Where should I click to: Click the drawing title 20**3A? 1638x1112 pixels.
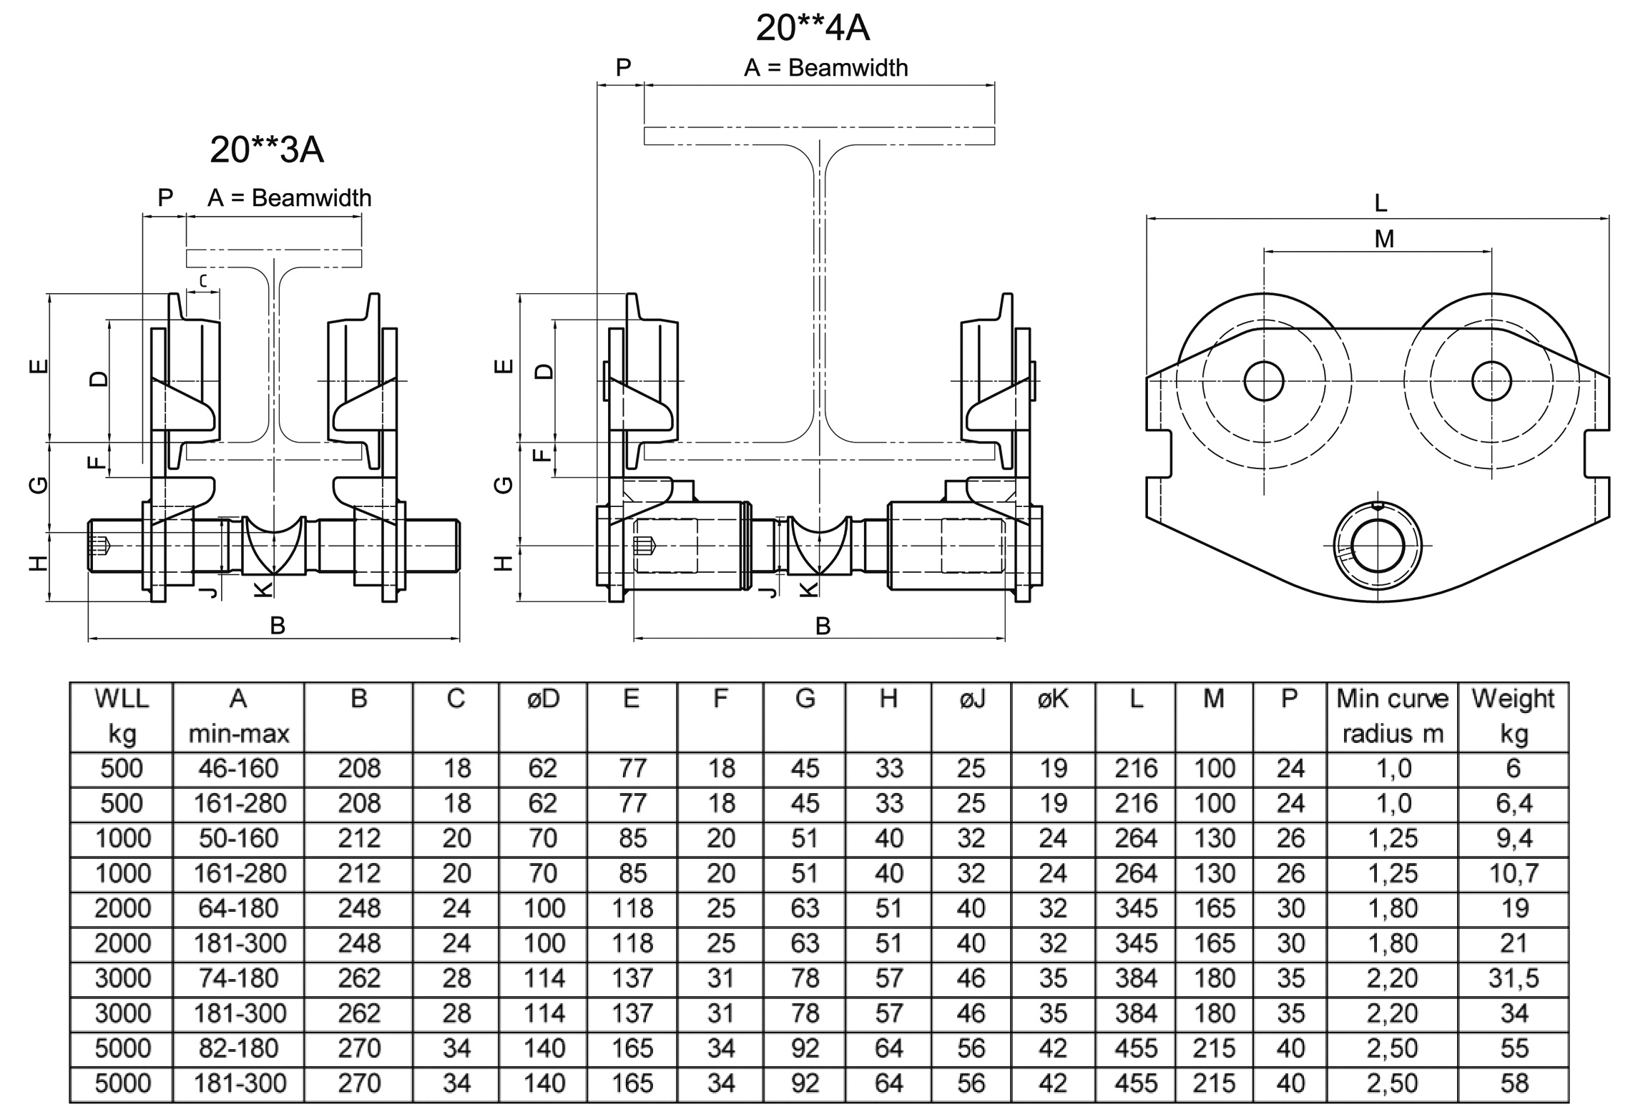pos(267,149)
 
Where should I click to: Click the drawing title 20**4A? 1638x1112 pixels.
pos(813,29)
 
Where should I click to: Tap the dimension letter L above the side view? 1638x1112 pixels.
pos(1380,203)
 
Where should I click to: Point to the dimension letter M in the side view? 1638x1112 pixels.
pos(1384,239)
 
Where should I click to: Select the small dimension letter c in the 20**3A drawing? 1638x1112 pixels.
pos(203,281)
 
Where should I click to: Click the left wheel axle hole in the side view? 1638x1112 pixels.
pos(1264,381)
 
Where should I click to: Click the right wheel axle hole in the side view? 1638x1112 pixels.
pos(1492,381)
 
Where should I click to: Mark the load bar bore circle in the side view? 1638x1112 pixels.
pos(1378,546)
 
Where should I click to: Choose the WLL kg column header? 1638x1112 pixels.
pos(122,716)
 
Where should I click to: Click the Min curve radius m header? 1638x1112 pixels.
pos(1393,716)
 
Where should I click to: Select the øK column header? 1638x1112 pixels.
pos(1053,699)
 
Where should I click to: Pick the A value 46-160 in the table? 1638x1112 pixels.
pos(239,768)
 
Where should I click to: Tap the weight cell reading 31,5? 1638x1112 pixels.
pos(1514,978)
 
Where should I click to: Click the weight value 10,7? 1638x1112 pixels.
pos(1514,873)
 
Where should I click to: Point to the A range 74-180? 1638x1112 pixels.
pos(239,978)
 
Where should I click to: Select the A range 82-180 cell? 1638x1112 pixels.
pos(239,1048)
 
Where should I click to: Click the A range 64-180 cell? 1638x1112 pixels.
pos(239,908)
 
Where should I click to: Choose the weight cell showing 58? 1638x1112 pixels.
pos(1514,1083)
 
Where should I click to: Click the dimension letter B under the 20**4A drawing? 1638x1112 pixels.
pos(823,626)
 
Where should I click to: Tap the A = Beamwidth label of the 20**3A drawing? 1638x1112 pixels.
pos(290,198)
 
